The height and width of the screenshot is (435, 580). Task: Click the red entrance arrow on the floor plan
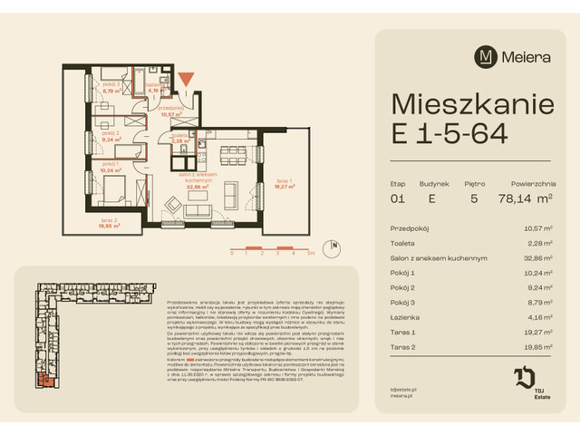[186, 83]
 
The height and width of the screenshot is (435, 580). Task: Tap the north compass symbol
[335, 246]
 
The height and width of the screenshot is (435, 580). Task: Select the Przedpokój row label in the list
[410, 229]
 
